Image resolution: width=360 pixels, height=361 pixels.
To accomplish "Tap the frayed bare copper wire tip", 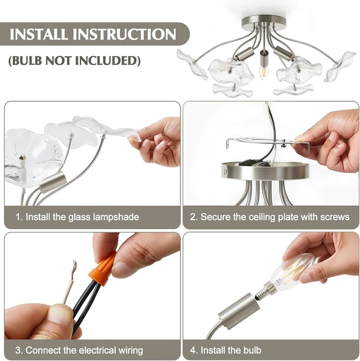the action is (74, 269).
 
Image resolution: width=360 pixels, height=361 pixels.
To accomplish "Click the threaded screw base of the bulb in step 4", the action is (262, 291).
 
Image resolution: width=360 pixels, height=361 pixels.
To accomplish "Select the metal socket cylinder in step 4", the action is (238, 309).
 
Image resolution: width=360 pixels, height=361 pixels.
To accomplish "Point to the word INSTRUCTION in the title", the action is (124, 34).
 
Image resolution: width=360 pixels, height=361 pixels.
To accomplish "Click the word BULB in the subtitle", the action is (26, 61).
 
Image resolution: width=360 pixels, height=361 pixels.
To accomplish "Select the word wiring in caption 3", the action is (130, 351).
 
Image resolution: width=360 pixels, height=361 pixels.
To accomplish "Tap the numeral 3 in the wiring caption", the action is (18, 350).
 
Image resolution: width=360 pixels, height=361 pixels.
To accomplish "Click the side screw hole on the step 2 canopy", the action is (225, 171).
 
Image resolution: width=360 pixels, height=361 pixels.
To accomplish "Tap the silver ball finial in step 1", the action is (22, 158).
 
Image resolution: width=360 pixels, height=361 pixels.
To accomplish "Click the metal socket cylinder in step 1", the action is (52, 182).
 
